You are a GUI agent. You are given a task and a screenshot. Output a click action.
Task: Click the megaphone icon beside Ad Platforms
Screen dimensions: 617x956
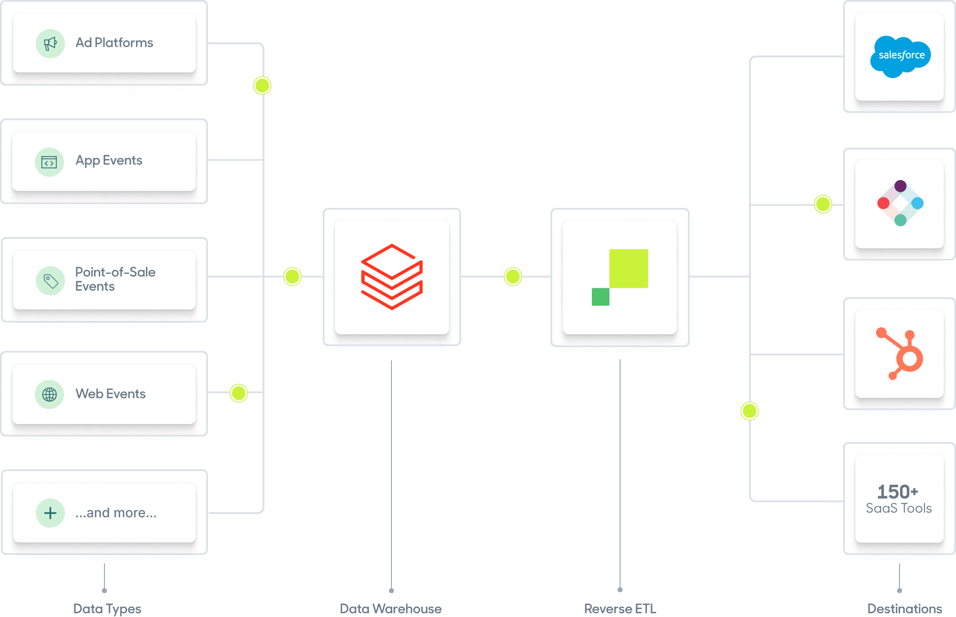point(50,44)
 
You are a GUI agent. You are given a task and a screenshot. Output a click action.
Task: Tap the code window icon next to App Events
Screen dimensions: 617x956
point(49,162)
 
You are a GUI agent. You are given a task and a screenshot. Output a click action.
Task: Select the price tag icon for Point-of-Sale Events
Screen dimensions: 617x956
point(50,281)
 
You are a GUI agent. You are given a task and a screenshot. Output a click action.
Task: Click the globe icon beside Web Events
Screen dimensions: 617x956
point(49,394)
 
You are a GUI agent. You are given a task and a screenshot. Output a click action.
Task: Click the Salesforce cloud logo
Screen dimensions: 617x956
point(900,56)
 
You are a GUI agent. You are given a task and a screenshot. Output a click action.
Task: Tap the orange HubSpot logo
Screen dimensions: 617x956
point(900,354)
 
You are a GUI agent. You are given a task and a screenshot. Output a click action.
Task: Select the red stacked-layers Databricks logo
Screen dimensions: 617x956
point(391,277)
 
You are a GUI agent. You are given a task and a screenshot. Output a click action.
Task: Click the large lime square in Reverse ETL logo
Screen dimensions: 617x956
point(629,268)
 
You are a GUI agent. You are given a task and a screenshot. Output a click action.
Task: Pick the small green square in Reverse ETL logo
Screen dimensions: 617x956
point(600,297)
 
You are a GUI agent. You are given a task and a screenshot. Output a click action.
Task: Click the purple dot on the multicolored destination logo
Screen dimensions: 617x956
point(900,186)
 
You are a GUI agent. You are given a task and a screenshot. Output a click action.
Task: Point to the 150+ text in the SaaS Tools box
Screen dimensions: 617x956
point(898,492)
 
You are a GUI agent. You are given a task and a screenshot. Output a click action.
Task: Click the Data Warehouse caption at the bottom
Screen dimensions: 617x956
point(390,609)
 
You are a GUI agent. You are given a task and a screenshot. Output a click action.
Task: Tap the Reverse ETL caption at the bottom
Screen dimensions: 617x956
point(620,609)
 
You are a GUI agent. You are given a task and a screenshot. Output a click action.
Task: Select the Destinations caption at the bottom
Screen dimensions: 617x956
point(904,609)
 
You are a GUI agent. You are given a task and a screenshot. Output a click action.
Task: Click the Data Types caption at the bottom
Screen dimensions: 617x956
point(107,609)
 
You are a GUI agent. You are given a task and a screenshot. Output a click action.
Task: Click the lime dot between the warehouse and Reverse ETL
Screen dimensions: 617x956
point(513,277)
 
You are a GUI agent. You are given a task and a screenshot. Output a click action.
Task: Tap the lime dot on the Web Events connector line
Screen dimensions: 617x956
point(239,393)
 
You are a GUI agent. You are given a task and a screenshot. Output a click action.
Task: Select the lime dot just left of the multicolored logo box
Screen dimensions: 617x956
point(823,204)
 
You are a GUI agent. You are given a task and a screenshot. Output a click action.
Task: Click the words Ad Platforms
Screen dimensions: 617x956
point(114,43)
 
